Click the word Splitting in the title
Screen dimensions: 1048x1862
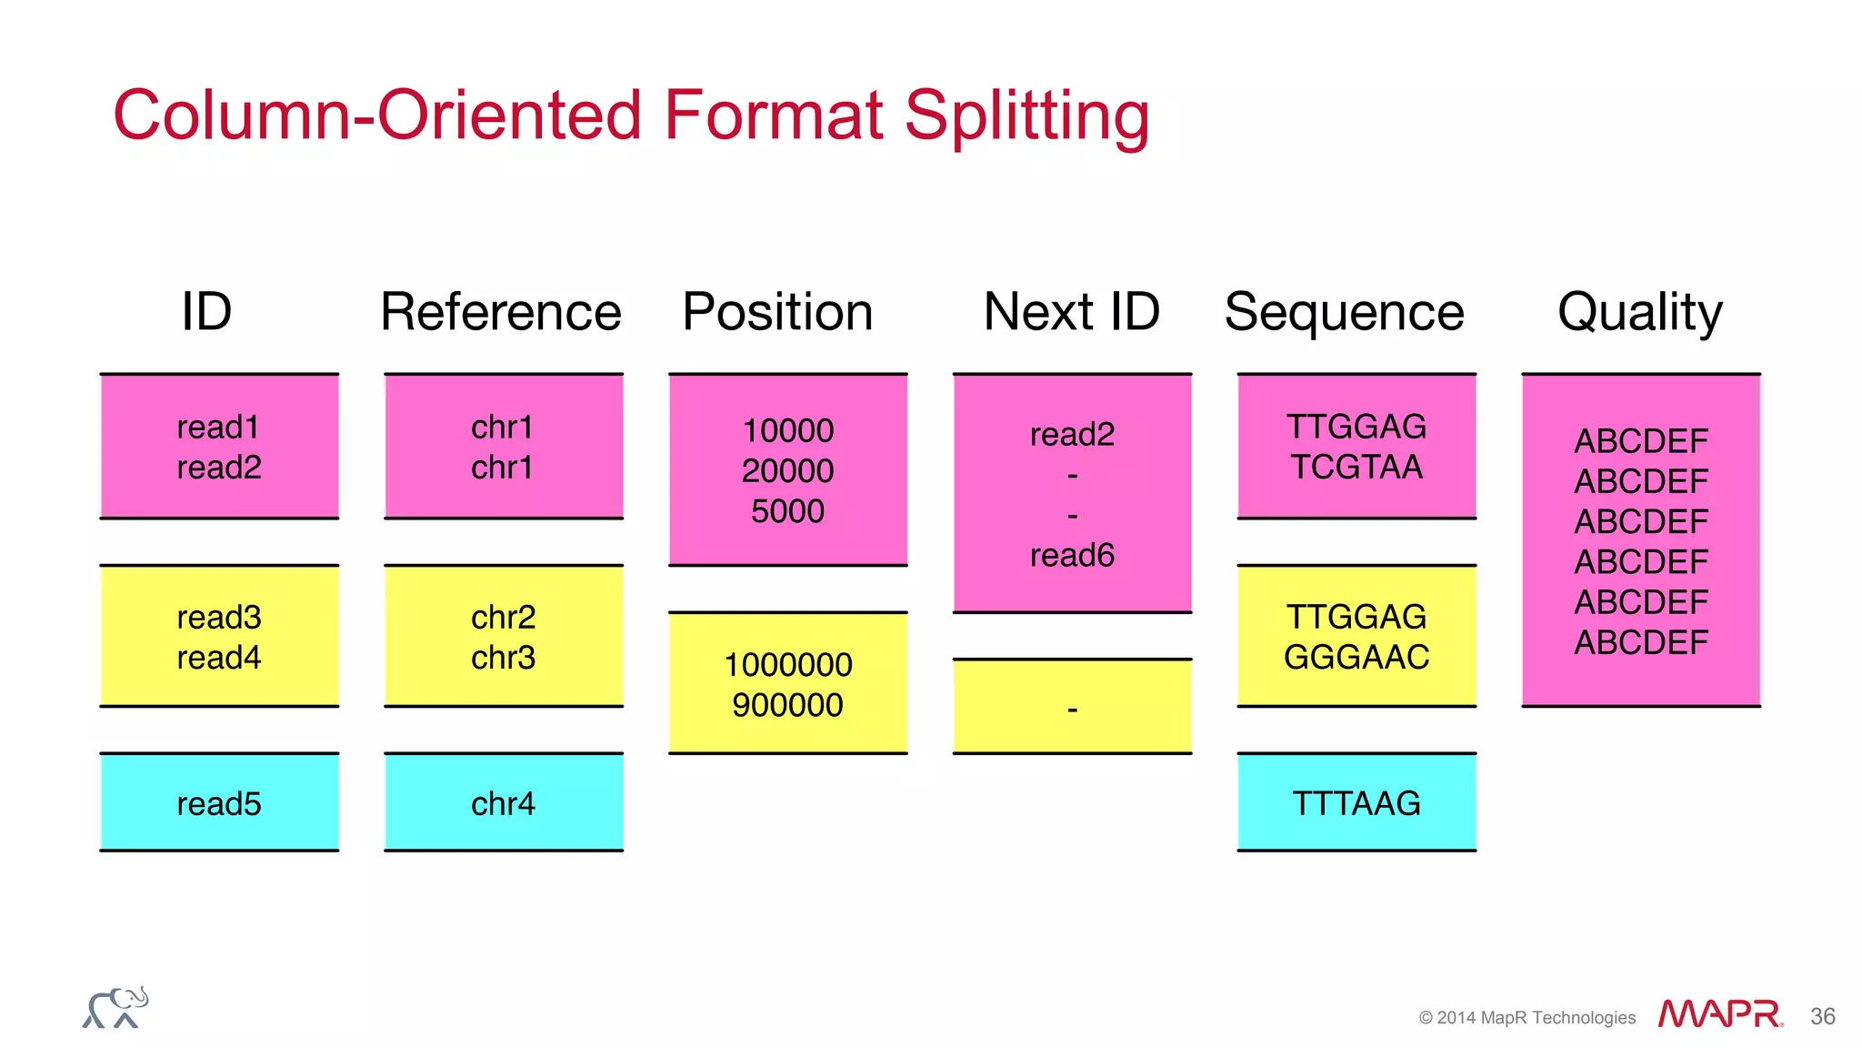click(x=1026, y=116)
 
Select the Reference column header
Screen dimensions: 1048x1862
click(x=501, y=312)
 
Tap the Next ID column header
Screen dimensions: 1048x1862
click(x=1071, y=312)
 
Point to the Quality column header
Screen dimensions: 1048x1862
click(x=1639, y=312)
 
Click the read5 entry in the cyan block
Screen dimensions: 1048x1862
click(x=219, y=803)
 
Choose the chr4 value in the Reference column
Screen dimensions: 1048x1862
click(x=503, y=803)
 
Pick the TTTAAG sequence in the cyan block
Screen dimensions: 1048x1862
click(x=1356, y=803)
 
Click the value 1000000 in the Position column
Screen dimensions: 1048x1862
click(x=787, y=665)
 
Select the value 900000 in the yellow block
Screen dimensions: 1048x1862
click(x=787, y=705)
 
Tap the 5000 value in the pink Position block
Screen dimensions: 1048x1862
click(x=787, y=511)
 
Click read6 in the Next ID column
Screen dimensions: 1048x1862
click(x=1072, y=555)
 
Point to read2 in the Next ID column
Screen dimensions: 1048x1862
click(x=1072, y=435)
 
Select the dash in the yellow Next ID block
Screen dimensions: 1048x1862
click(x=1072, y=709)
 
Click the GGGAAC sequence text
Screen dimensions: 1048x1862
click(x=1356, y=657)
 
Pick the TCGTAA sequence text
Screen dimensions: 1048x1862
click(x=1356, y=467)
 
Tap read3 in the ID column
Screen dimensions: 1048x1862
click(x=219, y=617)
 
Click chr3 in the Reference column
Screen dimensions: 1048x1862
click(x=503, y=657)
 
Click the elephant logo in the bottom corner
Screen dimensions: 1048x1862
click(x=115, y=1008)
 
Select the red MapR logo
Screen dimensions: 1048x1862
click(x=1719, y=1013)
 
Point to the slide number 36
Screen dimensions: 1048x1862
click(x=1822, y=1016)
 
